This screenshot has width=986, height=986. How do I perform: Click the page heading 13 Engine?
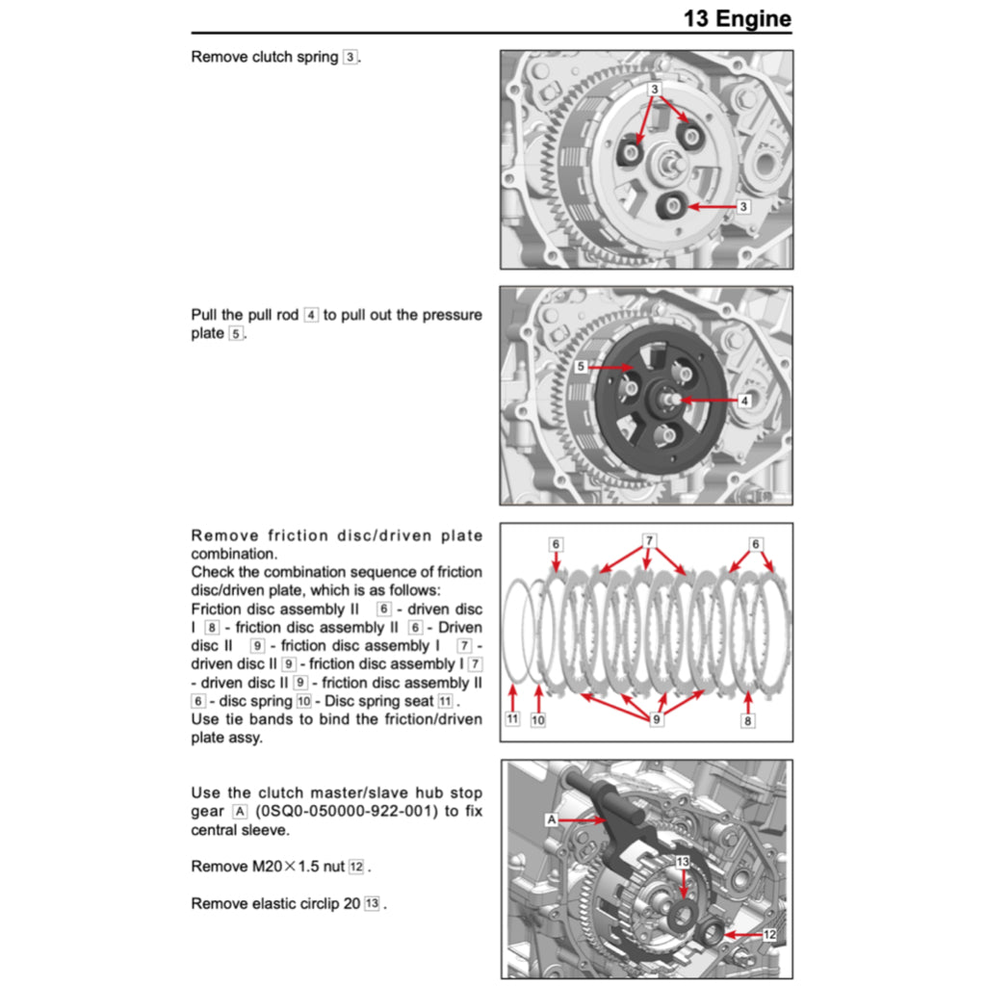[x=737, y=18]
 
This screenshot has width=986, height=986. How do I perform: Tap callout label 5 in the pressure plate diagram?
[x=581, y=367]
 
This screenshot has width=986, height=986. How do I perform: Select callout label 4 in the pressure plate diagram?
[x=744, y=400]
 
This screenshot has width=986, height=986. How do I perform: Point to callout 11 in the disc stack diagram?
[x=513, y=720]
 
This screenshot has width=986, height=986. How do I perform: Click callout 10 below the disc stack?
[x=538, y=720]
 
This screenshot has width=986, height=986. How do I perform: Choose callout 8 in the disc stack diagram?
[x=747, y=720]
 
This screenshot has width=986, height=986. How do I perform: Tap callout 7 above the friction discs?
[x=649, y=541]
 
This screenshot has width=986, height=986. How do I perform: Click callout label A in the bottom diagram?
[x=552, y=819]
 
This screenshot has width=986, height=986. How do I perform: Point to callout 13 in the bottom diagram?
[x=683, y=863]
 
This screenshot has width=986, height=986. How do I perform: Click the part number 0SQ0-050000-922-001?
[x=350, y=811]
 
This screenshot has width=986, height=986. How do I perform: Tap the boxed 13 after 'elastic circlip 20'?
[x=372, y=904]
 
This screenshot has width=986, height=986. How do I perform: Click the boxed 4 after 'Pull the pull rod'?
[x=310, y=315]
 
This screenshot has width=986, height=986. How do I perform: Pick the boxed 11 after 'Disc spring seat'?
[x=445, y=701]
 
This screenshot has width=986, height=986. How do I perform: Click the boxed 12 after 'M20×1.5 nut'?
[x=356, y=867]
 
